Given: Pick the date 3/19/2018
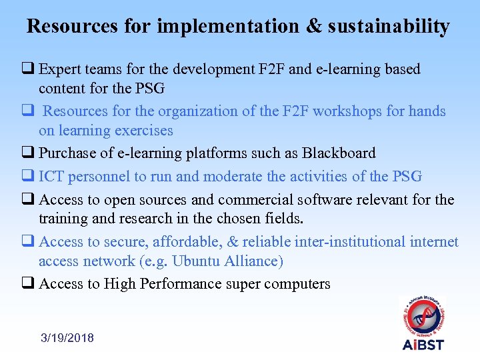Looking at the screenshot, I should pos(67,338).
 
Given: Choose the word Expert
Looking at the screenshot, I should pos(60,69).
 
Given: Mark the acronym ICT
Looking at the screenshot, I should pos(51,176).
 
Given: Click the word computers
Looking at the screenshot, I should pos(297,283).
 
